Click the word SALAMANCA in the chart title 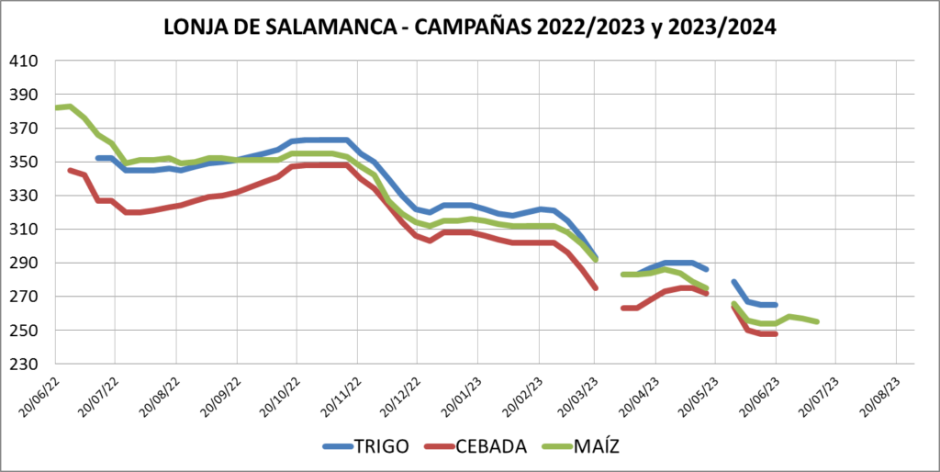point(337,27)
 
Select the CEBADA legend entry point(489,446)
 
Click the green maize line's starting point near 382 point(57,107)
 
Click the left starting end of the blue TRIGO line point(97,158)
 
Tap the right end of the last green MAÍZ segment point(817,321)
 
